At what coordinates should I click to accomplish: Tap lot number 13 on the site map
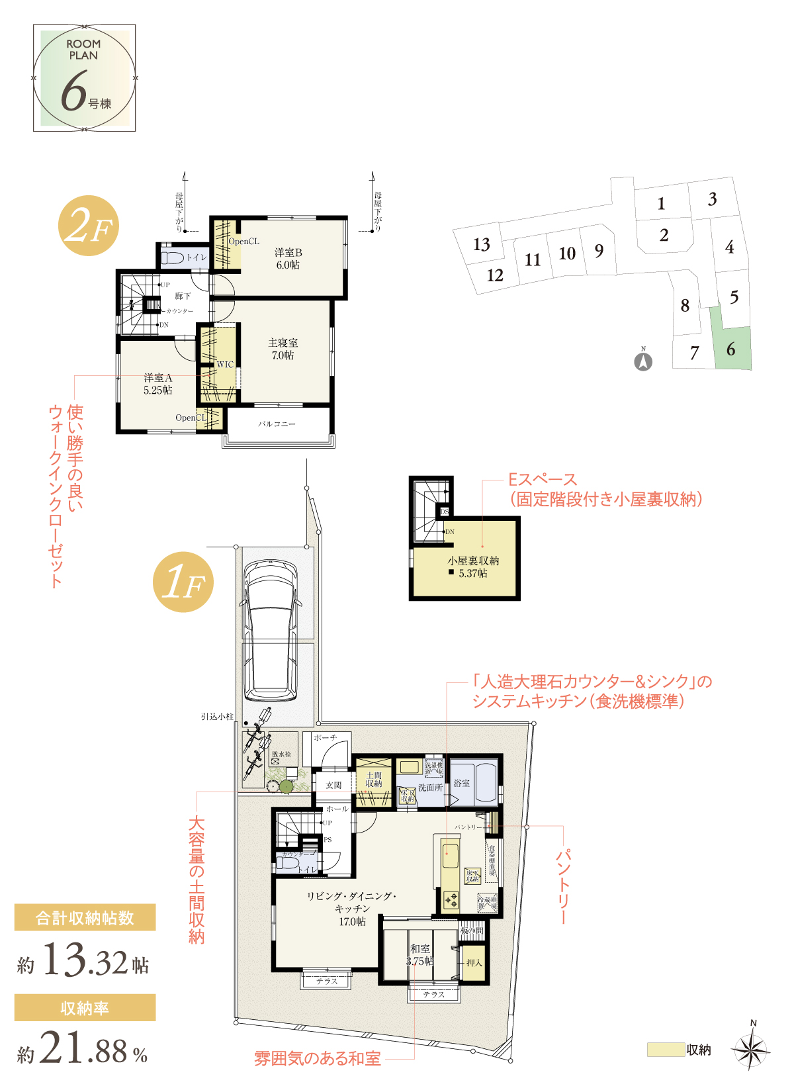coord(482,245)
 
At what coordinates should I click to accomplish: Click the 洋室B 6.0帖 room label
coord(288,259)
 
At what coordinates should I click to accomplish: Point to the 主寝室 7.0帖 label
coord(283,349)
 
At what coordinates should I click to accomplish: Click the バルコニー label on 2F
coord(277,424)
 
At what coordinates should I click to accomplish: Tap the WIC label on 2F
coord(225,365)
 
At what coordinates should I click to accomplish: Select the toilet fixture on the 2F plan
coord(173,257)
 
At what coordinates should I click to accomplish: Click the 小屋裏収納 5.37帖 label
coord(472,567)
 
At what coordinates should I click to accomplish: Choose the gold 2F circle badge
coord(89,226)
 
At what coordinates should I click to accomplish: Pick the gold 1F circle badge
coord(183,582)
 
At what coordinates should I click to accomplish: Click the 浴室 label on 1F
coord(461,783)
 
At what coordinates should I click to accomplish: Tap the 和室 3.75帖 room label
coord(419,954)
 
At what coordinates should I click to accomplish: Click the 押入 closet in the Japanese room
coord(474,962)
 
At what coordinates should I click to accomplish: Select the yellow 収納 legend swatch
coord(665,1050)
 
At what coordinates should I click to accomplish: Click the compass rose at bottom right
coord(751,1048)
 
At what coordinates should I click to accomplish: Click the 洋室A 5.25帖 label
coord(157,384)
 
